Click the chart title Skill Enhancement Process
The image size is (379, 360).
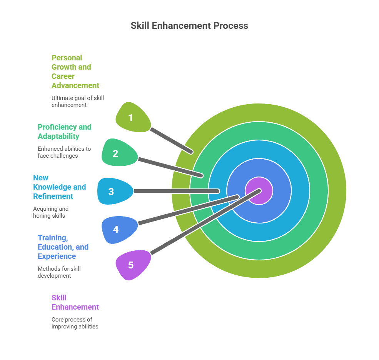click(x=189, y=26)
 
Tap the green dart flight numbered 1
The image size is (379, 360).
click(x=132, y=117)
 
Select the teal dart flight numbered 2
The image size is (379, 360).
click(x=117, y=153)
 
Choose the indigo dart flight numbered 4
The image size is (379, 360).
click(x=117, y=230)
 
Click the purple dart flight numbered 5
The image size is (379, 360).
click(x=132, y=265)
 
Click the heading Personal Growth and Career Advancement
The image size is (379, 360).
click(x=75, y=72)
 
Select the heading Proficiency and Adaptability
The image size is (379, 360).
click(x=64, y=132)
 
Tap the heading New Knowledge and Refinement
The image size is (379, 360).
click(x=59, y=187)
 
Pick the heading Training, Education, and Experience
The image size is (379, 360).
click(x=63, y=247)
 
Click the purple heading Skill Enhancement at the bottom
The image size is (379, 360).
click(x=75, y=302)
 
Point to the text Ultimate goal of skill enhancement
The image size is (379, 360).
click(x=77, y=102)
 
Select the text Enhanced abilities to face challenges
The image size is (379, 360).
click(x=64, y=152)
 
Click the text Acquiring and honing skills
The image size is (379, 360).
click(x=50, y=212)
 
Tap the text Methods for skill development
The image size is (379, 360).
click(x=59, y=272)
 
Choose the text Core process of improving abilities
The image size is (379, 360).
click(x=75, y=323)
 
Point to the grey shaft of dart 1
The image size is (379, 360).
click(x=171, y=140)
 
